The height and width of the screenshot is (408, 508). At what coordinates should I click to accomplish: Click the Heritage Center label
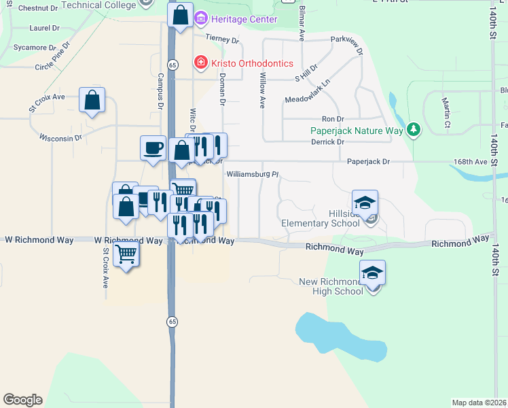[x=244, y=19]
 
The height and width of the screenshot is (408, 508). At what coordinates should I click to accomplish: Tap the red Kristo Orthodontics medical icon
[x=200, y=64]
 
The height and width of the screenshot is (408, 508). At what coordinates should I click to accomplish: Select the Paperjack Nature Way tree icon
[x=413, y=129]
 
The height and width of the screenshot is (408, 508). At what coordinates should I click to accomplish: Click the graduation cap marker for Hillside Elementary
[x=365, y=203]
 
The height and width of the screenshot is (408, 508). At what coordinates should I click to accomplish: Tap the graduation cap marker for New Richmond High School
[x=372, y=273]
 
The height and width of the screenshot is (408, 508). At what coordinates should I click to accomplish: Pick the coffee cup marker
[x=153, y=148]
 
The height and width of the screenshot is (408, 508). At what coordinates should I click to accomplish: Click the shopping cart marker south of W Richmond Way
[x=126, y=254]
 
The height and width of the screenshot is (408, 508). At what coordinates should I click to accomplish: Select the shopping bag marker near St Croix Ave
[x=92, y=101]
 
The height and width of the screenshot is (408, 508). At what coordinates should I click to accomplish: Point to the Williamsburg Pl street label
[x=253, y=174]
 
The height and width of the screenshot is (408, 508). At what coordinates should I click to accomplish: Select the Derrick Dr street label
[x=327, y=142]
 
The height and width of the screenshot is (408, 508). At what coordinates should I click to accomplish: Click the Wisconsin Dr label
[x=60, y=137]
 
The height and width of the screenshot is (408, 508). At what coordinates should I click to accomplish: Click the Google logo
[x=22, y=400]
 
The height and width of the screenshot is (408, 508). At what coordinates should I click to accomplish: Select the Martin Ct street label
[x=446, y=112]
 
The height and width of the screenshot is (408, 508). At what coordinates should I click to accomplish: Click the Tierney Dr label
[x=219, y=38]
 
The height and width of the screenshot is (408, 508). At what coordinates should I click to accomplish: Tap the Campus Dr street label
[x=161, y=91]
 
